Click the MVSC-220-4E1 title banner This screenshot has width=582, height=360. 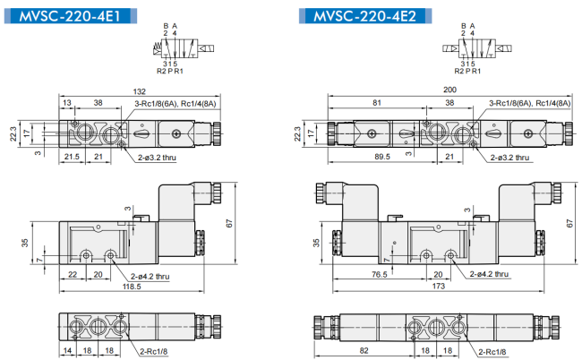(x=71, y=16)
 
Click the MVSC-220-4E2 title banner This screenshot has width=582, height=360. (x=365, y=16)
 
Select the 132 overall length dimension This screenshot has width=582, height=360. (x=140, y=91)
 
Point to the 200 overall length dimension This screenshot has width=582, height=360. (x=449, y=90)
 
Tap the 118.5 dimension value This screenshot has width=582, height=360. (x=132, y=287)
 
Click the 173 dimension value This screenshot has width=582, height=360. (x=439, y=286)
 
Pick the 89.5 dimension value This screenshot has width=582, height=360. (x=382, y=157)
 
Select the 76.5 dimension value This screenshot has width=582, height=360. (x=380, y=274)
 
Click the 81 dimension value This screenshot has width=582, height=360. (x=377, y=102)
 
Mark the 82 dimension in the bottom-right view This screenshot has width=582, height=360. (x=364, y=350)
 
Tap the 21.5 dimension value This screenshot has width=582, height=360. (x=72, y=157)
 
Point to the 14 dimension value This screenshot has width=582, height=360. (x=67, y=350)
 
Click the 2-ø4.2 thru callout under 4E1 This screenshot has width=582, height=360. (x=150, y=277)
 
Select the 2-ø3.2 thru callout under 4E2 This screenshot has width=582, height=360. (x=510, y=158)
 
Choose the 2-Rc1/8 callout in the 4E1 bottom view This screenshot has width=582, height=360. (x=154, y=351)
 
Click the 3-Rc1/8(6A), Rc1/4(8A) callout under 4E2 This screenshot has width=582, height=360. (x=530, y=104)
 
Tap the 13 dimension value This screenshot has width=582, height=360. (x=67, y=102)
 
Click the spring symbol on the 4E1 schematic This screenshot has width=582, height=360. (x=158, y=48)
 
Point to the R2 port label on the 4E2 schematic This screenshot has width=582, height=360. (x=459, y=71)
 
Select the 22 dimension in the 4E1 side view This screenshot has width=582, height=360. (x=73, y=274)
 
